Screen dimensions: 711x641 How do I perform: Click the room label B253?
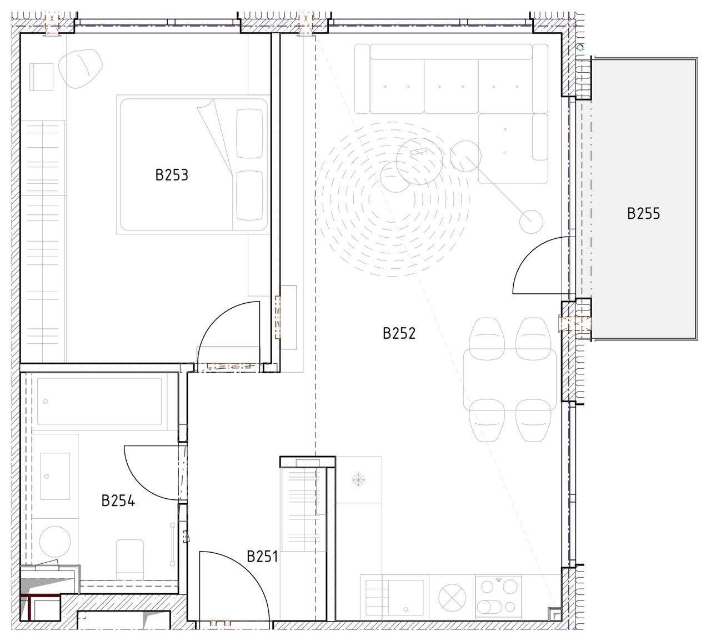(172, 175)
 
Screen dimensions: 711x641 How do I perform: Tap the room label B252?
(399, 334)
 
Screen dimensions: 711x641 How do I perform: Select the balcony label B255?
(644, 214)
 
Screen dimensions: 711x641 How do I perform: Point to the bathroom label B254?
(118, 501)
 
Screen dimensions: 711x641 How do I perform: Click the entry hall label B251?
(263, 556)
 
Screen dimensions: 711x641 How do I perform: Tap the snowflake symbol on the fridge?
(358, 480)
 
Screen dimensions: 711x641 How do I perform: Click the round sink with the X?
(452, 598)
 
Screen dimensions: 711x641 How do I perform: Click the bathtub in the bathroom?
(99, 401)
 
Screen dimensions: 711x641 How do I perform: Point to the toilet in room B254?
(130, 560)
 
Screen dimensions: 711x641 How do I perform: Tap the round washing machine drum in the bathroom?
(55, 542)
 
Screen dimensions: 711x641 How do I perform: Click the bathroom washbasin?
(55, 476)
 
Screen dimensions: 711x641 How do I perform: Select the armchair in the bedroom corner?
(81, 69)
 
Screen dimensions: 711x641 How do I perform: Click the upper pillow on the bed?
(249, 133)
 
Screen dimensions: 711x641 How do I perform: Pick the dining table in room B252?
(510, 379)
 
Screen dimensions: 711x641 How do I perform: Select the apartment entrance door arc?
(250, 569)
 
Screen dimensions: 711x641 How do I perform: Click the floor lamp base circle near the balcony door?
(531, 222)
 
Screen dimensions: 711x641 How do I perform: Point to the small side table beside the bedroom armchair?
(42, 77)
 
